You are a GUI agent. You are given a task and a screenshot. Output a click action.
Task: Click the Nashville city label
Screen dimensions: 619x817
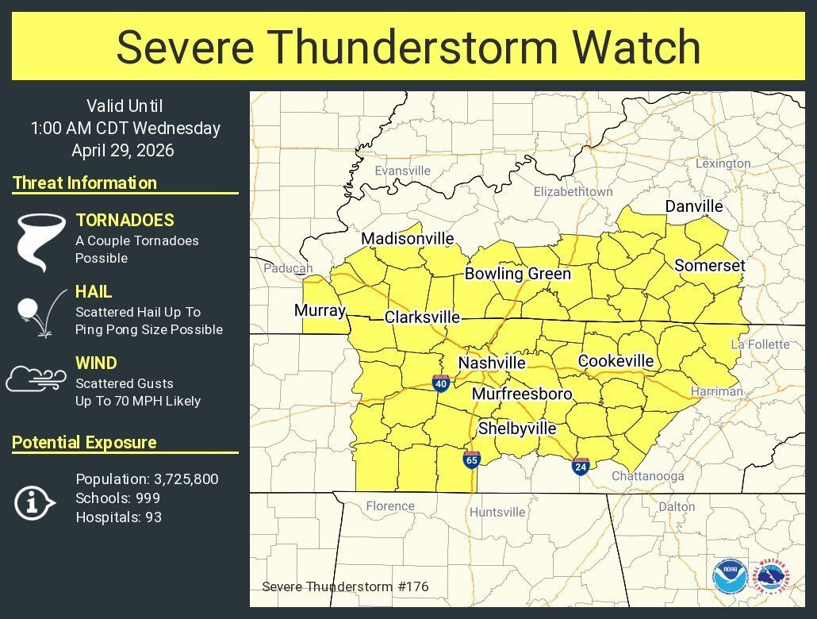[x=492, y=363]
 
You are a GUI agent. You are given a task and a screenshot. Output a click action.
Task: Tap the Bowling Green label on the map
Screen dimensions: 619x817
[x=517, y=274]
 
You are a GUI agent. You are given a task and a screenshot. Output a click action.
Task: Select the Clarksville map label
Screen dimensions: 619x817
[x=422, y=317]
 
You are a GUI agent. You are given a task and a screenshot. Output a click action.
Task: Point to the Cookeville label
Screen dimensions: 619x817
[x=616, y=361]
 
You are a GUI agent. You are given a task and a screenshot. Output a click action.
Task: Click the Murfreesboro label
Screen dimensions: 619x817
[x=522, y=394]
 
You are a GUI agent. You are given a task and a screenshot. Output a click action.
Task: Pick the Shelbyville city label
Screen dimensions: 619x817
[x=517, y=429]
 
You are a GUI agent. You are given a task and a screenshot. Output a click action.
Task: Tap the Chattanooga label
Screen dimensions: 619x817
[x=647, y=476]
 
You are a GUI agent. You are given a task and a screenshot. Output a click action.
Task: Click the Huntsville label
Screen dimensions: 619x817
[x=497, y=512]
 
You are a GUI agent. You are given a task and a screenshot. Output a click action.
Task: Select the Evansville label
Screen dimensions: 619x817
[x=402, y=171]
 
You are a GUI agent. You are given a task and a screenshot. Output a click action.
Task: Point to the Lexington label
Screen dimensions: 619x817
[x=723, y=163]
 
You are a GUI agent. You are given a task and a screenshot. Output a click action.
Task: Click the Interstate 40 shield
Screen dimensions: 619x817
[x=441, y=383]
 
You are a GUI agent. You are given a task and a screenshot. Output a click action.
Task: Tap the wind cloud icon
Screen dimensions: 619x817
[x=36, y=379]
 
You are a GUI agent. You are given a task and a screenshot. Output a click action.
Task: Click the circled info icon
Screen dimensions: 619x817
[x=34, y=502]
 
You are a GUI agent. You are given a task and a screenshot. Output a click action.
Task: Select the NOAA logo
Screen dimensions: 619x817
[x=728, y=575]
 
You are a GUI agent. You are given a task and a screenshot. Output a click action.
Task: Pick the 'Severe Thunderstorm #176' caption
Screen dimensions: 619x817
[x=345, y=587]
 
